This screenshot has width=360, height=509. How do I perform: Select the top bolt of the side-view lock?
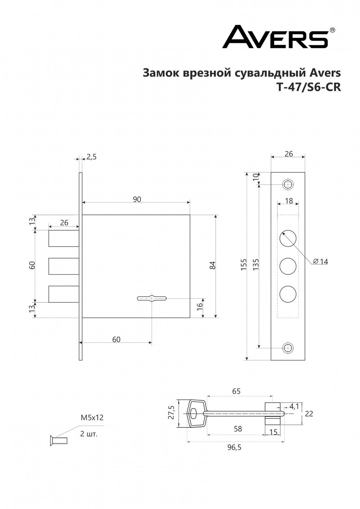[x=64, y=238]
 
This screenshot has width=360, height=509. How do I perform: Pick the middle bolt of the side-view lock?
[x=64, y=266]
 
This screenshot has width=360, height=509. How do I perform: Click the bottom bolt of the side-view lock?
[x=64, y=294]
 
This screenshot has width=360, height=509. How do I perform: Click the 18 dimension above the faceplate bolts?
[x=289, y=200]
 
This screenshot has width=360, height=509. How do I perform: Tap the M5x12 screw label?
[x=92, y=418]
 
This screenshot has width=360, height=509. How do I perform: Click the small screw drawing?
[x=59, y=440]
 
